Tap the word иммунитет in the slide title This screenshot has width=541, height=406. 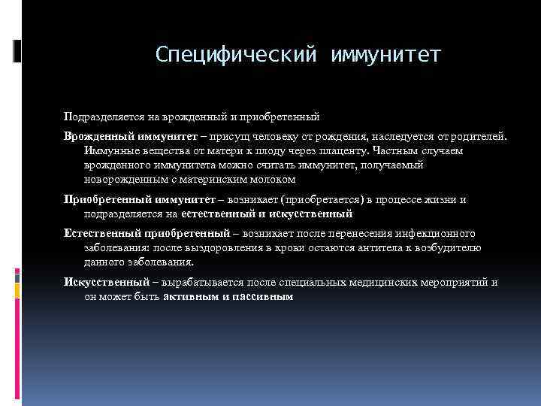(x=385, y=55)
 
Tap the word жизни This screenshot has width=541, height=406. (x=446, y=199)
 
